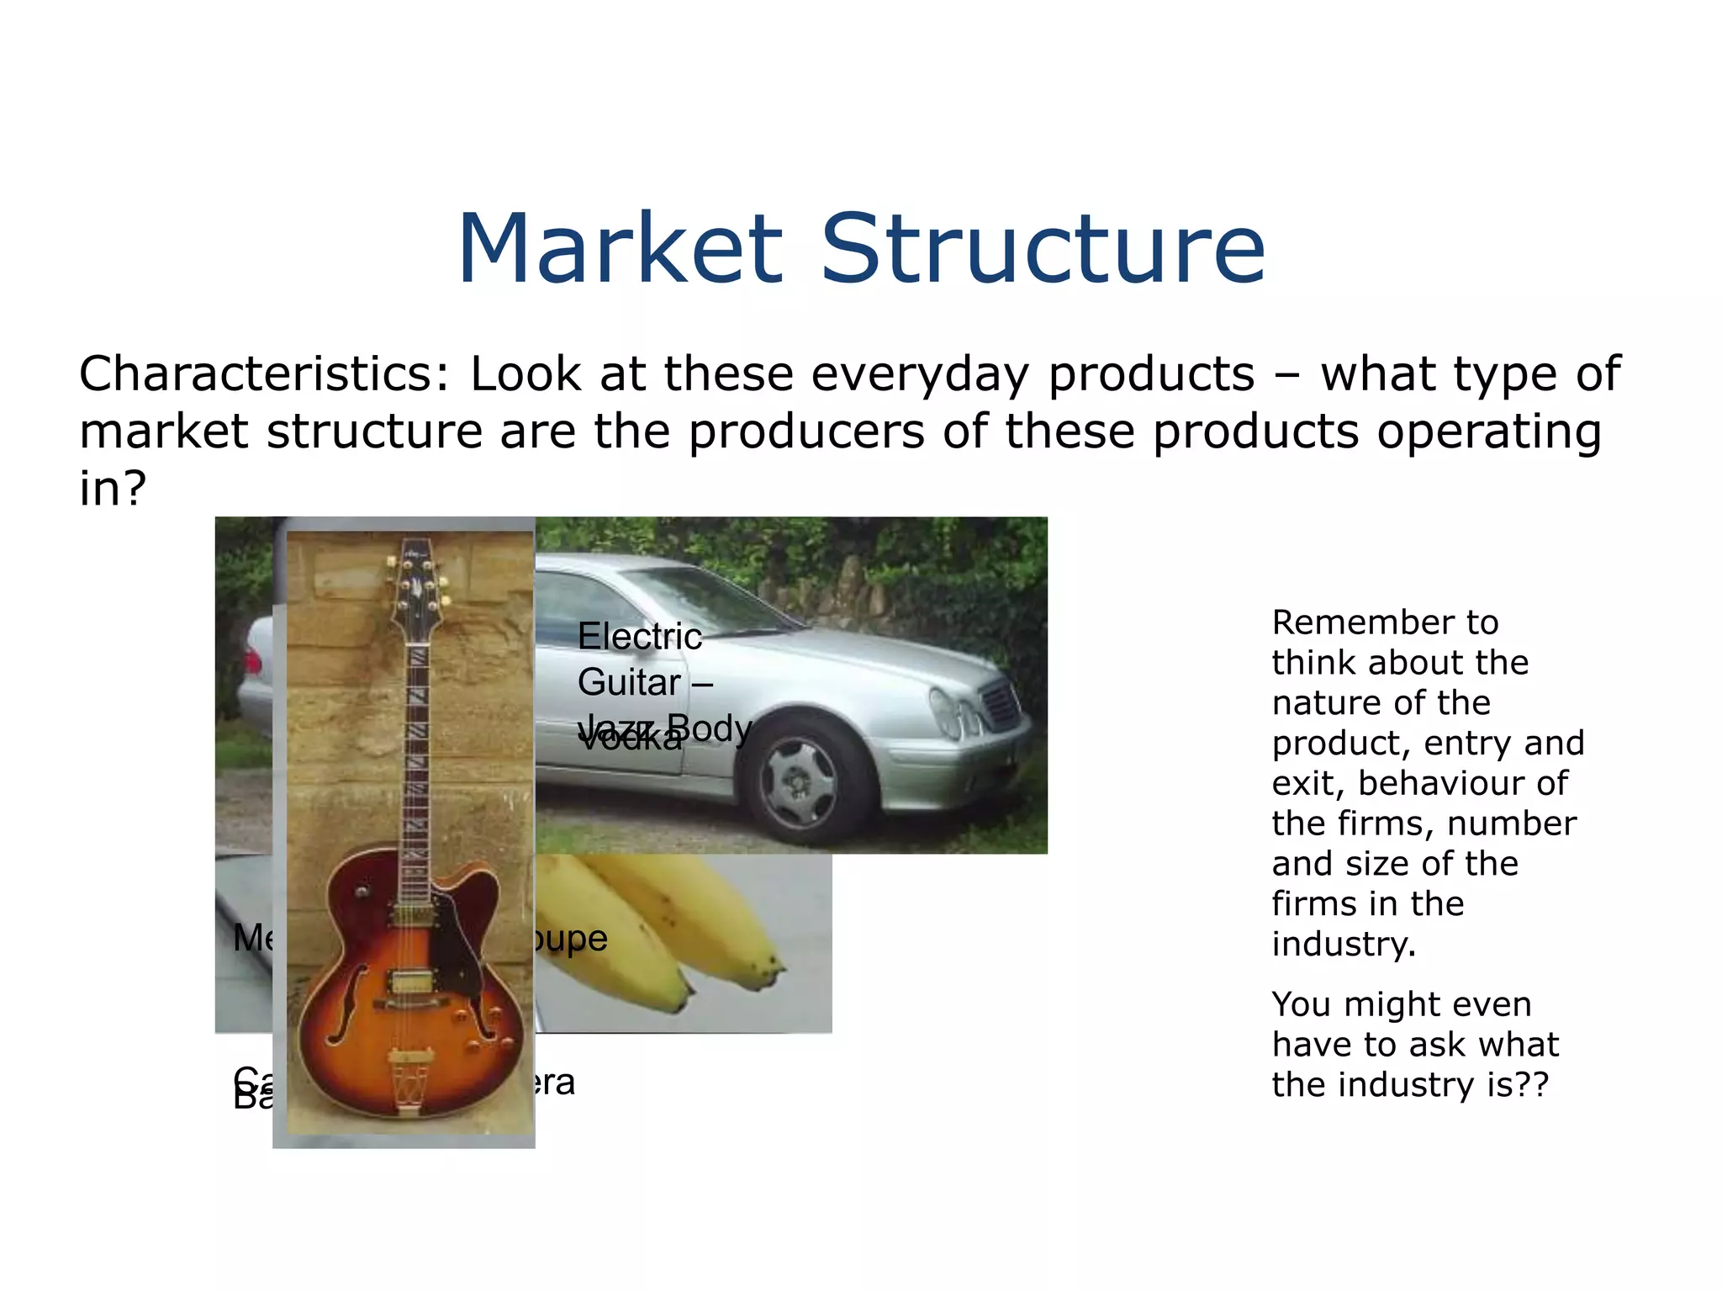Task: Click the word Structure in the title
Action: [1043, 250]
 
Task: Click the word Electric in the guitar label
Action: [639, 637]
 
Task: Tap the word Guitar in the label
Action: [629, 682]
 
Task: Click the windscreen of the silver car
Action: [706, 600]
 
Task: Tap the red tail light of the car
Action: [252, 659]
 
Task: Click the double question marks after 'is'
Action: [1533, 1085]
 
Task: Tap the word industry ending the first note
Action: [1342, 945]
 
